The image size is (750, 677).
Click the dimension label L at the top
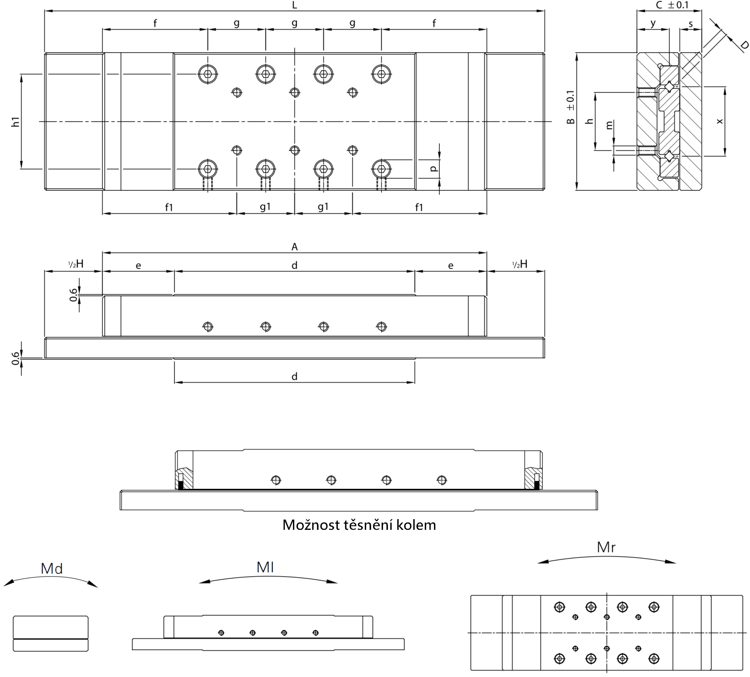point(294,5)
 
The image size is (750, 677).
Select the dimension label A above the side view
point(294,247)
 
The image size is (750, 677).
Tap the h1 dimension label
point(16,122)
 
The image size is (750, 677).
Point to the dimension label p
point(433,169)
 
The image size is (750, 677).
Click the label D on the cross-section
point(744,45)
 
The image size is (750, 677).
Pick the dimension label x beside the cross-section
point(719,121)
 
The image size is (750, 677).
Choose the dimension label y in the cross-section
point(653,24)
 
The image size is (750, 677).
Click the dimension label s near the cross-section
point(690,24)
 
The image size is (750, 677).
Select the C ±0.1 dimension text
point(672,5)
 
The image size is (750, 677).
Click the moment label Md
point(52,568)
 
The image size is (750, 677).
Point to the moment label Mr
point(606,547)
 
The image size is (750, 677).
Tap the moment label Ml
point(265,567)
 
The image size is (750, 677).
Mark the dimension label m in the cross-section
point(609,125)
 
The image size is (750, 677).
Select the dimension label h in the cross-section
point(590,121)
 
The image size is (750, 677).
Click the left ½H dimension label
point(76,264)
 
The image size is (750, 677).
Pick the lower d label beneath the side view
point(294,377)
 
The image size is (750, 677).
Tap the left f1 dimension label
point(169,207)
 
